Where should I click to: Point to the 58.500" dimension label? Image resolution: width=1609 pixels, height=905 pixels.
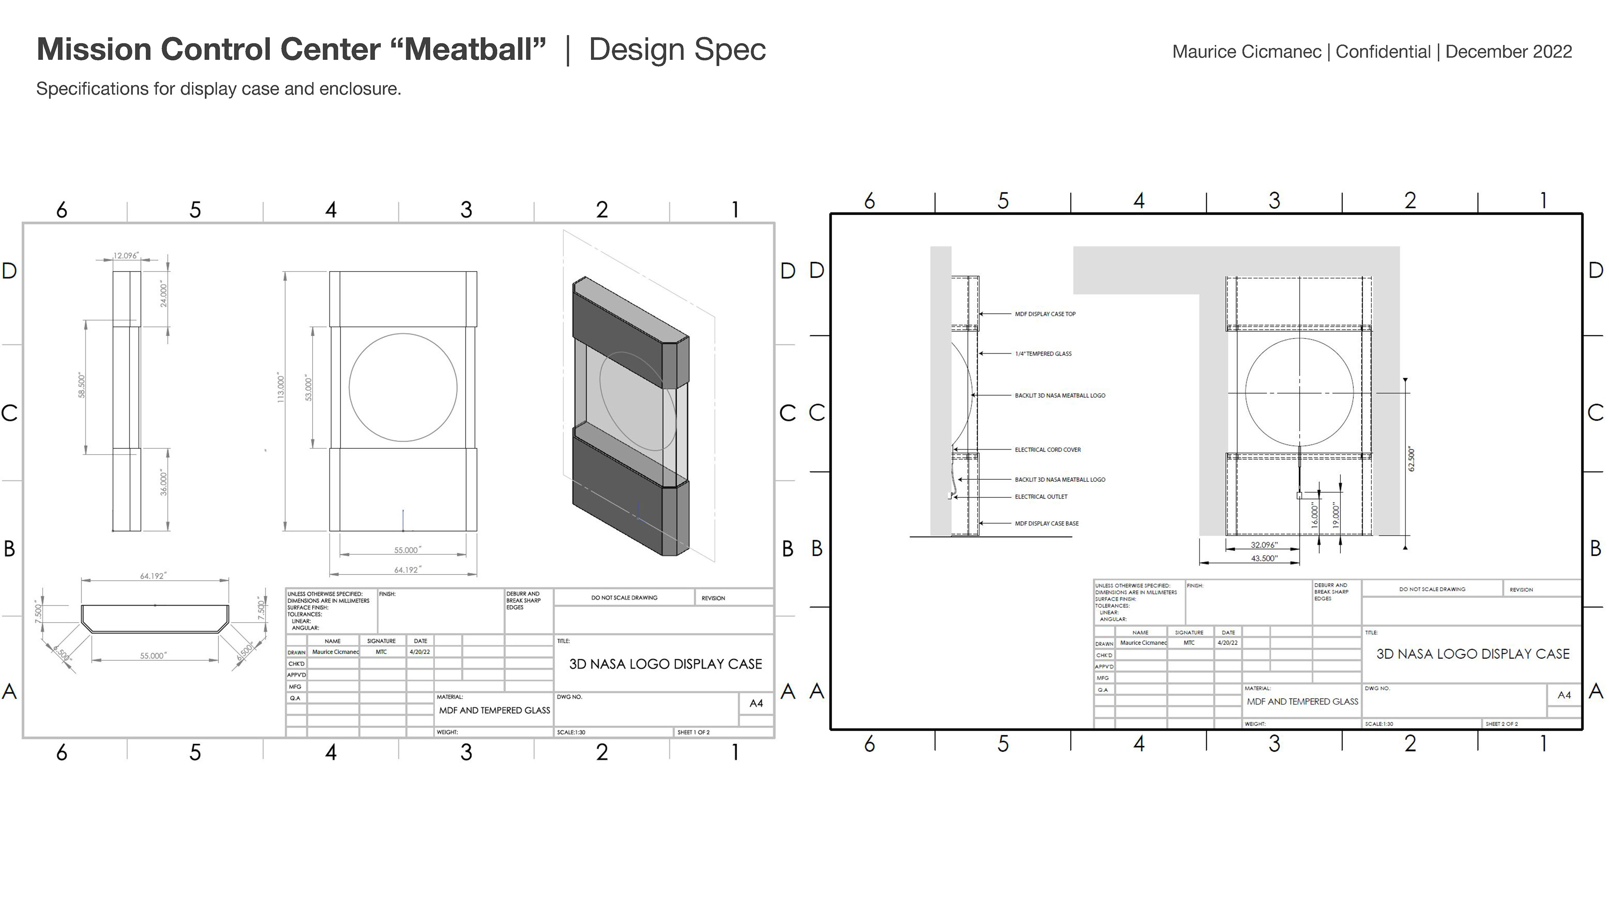click(x=81, y=385)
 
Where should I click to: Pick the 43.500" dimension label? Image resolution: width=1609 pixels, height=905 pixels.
click(x=1264, y=559)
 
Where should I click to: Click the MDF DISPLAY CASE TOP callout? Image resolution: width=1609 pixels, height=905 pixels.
click(x=1045, y=314)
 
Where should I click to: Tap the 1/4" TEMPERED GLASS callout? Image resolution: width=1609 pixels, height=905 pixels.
click(x=1043, y=354)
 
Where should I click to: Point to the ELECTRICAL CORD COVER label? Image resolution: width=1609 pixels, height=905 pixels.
click(x=1048, y=450)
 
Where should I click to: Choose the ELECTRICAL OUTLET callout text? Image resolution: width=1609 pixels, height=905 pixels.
click(x=1040, y=496)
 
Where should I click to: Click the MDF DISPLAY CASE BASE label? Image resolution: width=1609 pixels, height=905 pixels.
click(x=1046, y=523)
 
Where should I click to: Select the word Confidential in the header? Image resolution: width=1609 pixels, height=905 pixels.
click(x=1383, y=52)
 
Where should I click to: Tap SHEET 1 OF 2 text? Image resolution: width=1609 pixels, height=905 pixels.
click(x=693, y=732)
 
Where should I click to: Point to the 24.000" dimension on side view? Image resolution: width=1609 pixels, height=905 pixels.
click(x=164, y=294)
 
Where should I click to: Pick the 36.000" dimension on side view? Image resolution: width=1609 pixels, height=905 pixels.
click(x=164, y=483)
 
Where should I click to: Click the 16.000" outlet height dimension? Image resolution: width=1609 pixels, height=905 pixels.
click(x=1314, y=516)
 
